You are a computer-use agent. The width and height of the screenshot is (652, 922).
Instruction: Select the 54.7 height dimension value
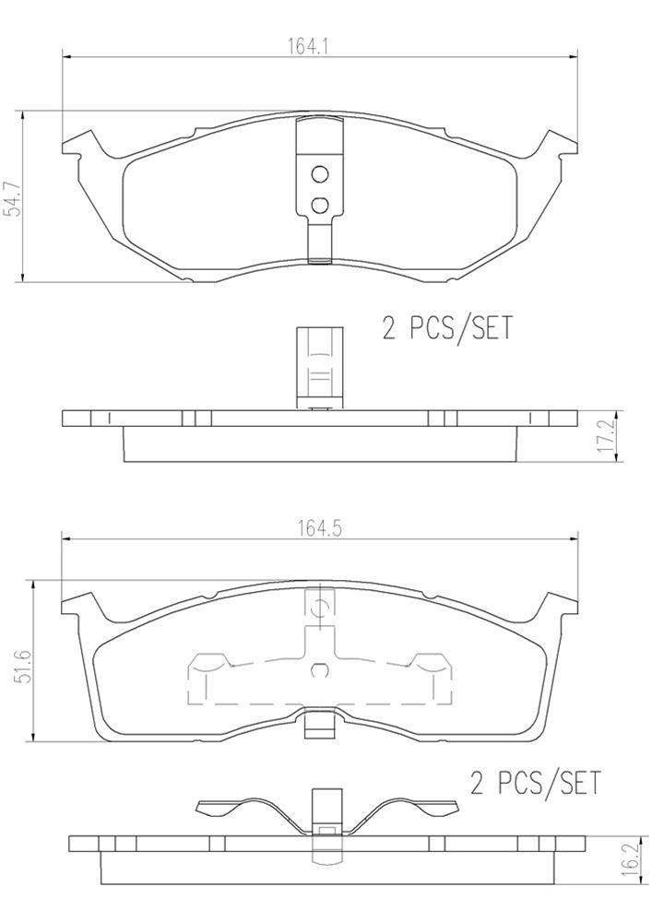(12, 197)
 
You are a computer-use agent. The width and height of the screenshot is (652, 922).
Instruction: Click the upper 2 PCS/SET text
(446, 328)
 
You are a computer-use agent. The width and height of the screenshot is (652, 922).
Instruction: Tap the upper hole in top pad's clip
(319, 173)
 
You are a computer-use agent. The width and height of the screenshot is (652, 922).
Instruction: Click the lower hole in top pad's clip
(319, 205)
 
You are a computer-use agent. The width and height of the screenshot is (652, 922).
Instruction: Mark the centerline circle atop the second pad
(320, 606)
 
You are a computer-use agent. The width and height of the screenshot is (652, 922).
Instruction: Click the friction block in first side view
(319, 443)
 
